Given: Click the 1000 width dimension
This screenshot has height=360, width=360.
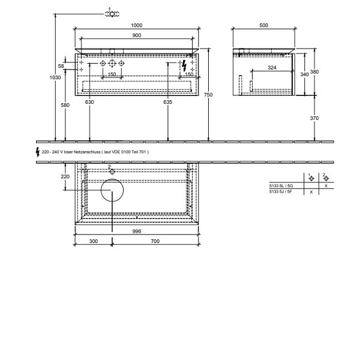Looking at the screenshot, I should click(x=136, y=25).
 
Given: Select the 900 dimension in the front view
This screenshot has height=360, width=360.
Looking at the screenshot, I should click(x=137, y=35).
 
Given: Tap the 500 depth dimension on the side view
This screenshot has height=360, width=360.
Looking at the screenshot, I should click(x=263, y=25).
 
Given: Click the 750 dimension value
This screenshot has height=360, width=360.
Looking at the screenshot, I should click(x=208, y=94).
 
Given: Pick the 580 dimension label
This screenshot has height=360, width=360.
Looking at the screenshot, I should click(x=65, y=105).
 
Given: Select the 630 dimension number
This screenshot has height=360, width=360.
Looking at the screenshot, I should click(x=90, y=102).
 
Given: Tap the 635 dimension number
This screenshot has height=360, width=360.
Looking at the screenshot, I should click(x=167, y=102).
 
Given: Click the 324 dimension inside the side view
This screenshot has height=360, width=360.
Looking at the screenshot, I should click(x=271, y=68).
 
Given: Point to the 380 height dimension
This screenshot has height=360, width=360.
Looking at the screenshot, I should click(x=314, y=71).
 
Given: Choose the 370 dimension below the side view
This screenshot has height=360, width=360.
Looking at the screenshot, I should click(x=314, y=118).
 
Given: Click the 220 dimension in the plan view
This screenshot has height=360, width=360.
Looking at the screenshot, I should click(x=65, y=176).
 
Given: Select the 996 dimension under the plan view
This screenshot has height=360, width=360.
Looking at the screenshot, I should click(x=137, y=231).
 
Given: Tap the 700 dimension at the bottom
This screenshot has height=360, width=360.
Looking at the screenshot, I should click(x=155, y=241).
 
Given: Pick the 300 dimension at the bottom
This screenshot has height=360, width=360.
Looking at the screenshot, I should click(x=94, y=241).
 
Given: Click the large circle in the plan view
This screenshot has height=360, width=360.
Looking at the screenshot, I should click(x=112, y=191).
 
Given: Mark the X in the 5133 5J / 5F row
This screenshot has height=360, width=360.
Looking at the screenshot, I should click(x=311, y=193).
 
